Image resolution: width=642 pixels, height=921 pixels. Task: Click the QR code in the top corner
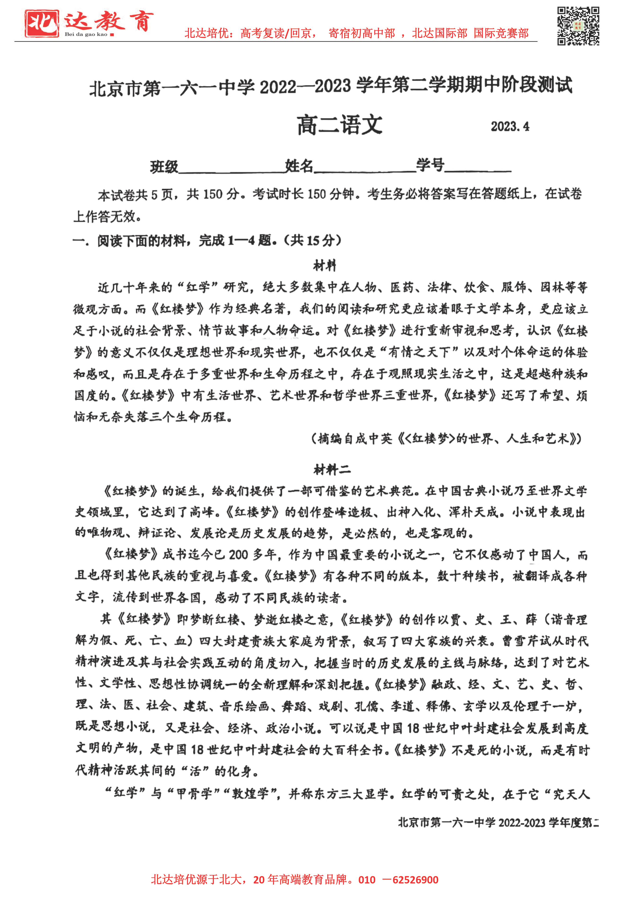tap(578, 26)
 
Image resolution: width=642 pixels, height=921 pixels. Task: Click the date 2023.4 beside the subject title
tap(510, 127)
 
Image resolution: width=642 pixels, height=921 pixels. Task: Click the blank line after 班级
tap(232, 168)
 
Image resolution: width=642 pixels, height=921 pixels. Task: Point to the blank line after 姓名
tap(365, 168)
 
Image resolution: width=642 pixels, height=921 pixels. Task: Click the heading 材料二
tap(332, 469)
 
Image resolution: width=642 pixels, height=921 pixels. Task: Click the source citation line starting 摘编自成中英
tap(446, 439)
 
